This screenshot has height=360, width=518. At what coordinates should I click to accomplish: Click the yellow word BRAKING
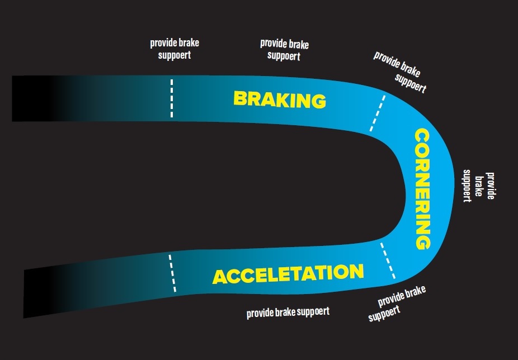pyautogui.click(x=279, y=100)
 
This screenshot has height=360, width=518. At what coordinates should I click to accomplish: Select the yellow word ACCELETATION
pyautogui.click(x=288, y=274)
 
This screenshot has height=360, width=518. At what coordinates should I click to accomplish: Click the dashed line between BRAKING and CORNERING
pyautogui.click(x=377, y=113)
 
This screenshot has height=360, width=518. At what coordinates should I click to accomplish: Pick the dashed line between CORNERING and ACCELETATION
pyautogui.click(x=388, y=261)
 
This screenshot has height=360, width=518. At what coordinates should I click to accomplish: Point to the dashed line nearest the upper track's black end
pyautogui.click(x=172, y=98)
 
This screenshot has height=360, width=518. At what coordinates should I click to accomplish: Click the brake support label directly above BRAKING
pyautogui.click(x=284, y=49)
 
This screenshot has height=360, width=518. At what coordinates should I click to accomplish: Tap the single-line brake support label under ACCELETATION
pyautogui.click(x=288, y=311)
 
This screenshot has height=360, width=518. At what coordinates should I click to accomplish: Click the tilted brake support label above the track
pyautogui.click(x=399, y=72)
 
